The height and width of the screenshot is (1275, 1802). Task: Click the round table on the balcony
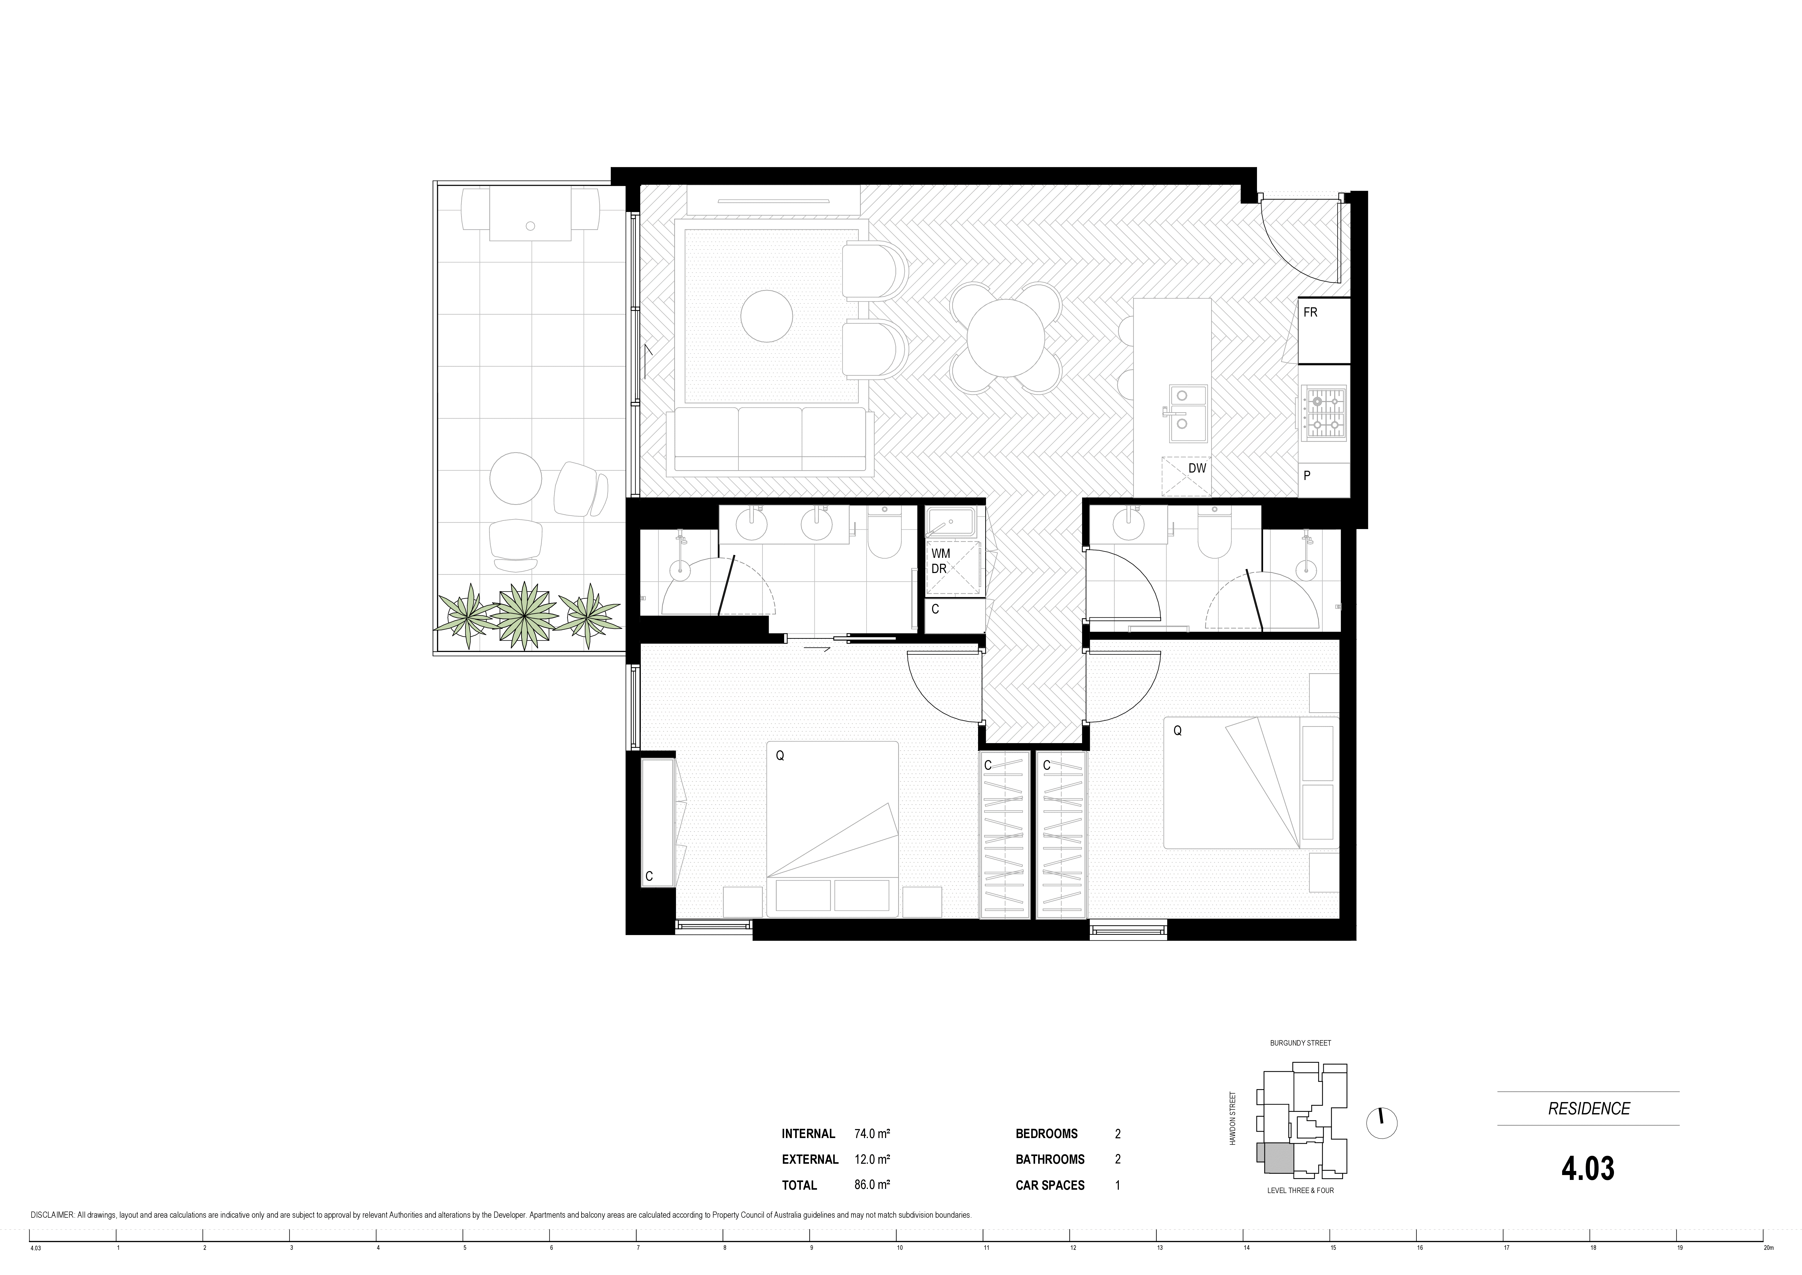coord(516,478)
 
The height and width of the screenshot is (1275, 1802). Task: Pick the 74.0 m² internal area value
coord(872,1134)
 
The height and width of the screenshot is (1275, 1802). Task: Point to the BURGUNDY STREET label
coord(1300,1043)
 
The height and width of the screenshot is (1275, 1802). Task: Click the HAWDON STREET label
coord(1233,1118)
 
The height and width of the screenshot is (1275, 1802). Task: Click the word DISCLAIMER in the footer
coord(52,1215)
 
